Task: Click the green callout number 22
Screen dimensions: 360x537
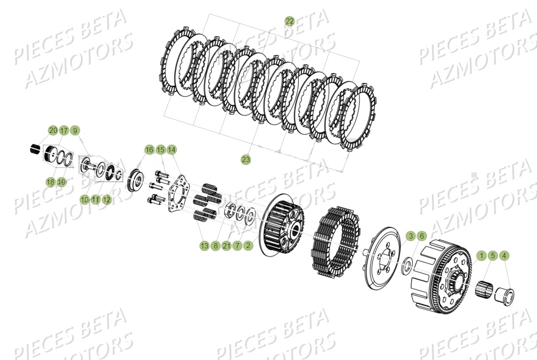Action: click(289, 21)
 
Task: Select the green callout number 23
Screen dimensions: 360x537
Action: click(246, 159)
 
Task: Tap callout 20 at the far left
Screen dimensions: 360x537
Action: click(53, 130)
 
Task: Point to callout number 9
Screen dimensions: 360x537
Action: click(75, 130)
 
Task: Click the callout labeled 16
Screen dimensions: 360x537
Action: click(149, 150)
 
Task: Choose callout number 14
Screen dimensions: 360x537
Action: click(171, 150)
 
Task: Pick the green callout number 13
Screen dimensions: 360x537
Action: click(204, 245)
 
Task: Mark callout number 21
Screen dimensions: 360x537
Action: click(227, 245)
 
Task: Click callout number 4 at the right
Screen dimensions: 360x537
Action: click(504, 255)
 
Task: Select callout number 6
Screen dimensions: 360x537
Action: click(421, 236)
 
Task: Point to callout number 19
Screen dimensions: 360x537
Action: click(62, 182)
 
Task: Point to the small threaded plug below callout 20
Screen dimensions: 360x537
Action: click(35, 150)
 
